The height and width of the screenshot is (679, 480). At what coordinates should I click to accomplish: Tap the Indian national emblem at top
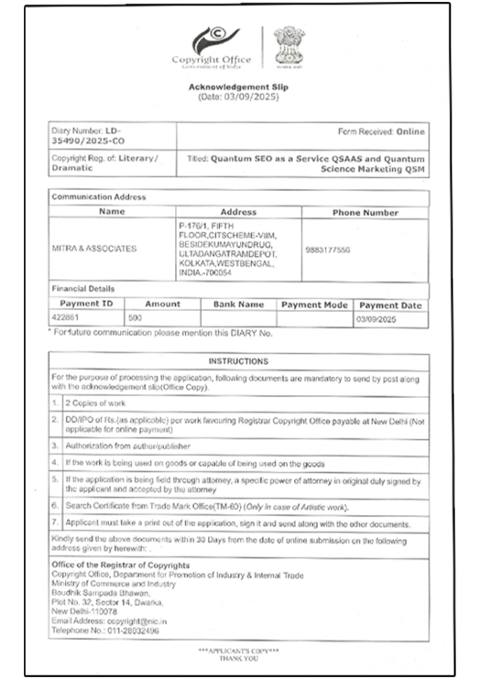pyautogui.click(x=288, y=46)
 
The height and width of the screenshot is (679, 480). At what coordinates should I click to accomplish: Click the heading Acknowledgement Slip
pyautogui.click(x=239, y=87)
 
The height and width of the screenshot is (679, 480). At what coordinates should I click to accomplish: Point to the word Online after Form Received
pyautogui.click(x=410, y=132)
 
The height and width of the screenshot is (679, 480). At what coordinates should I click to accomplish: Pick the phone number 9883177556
pyautogui.click(x=328, y=250)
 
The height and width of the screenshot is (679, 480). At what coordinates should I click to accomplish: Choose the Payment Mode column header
pyautogui.click(x=314, y=305)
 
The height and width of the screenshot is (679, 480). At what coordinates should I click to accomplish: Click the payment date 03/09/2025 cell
pyautogui.click(x=375, y=319)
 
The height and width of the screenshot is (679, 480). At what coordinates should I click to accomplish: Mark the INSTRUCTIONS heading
pyautogui.click(x=239, y=361)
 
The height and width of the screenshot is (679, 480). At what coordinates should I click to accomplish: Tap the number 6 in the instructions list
pyautogui.click(x=56, y=507)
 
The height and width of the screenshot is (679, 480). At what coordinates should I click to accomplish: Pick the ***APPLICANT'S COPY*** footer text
pyautogui.click(x=239, y=651)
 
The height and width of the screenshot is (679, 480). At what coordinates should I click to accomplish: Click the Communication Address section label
pyautogui.click(x=99, y=197)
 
